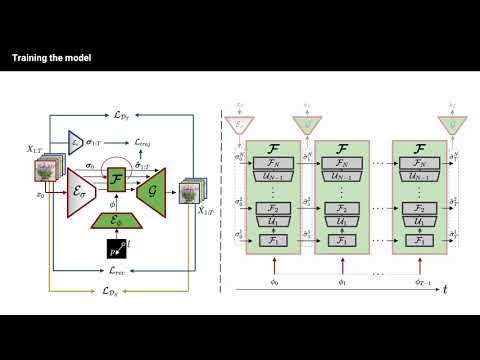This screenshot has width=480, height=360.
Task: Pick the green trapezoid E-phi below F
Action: click(x=117, y=220)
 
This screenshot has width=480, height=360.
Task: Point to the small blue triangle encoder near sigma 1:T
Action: click(x=76, y=142)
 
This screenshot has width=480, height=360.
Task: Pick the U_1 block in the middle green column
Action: click(x=349, y=219)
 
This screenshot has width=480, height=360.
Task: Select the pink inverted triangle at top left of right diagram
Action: click(x=238, y=124)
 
